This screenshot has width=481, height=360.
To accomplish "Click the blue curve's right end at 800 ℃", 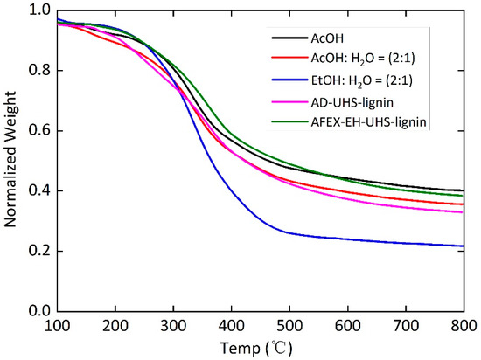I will click(464, 246).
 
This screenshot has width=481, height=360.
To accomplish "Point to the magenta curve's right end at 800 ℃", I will click(464, 212).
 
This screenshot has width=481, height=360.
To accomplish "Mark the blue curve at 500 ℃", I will click(289, 233).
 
